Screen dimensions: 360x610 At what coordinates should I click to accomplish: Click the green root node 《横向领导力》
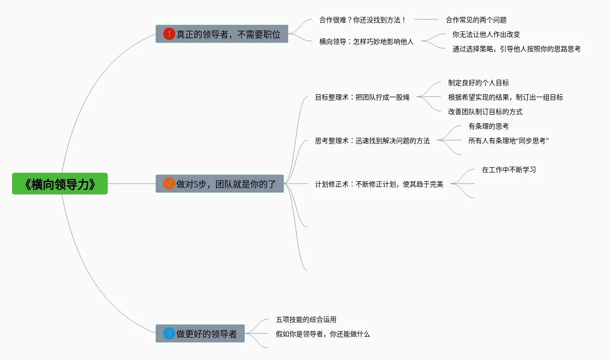tap(60, 184)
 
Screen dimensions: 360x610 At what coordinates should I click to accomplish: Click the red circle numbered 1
tap(169, 34)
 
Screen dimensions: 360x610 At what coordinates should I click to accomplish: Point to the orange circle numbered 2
tap(169, 184)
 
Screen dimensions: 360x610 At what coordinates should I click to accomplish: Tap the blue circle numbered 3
tap(169, 334)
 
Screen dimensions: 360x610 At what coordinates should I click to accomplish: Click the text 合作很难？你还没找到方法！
tap(363, 20)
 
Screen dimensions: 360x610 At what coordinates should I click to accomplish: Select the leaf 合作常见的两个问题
tap(476, 20)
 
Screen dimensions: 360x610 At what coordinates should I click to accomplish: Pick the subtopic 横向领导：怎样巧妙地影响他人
tap(366, 42)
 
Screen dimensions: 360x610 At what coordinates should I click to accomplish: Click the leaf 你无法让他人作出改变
tap(486, 34)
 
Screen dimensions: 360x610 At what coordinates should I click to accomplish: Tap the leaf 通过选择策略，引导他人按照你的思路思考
tap(516, 49)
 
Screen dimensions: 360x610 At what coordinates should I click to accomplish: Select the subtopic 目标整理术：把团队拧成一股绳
tap(362, 97)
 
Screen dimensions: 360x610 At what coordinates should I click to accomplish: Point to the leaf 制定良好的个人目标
tap(478, 83)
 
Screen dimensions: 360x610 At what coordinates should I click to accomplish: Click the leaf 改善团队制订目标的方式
tap(485, 112)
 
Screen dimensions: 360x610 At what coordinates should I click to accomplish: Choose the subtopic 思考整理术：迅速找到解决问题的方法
tap(372, 141)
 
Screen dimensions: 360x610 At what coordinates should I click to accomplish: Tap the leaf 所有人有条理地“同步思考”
tap(509, 141)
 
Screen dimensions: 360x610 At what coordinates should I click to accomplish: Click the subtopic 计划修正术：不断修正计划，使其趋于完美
tap(379, 184)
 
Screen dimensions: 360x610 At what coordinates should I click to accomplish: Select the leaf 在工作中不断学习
tap(509, 170)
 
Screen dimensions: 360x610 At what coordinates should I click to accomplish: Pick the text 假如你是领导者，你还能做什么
tap(323, 334)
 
